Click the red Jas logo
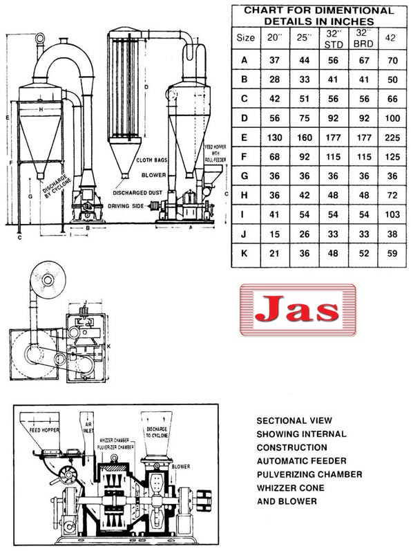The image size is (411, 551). (298, 310)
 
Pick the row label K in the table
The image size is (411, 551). (244, 254)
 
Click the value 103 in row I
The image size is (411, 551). (393, 214)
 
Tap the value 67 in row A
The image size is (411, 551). (361, 60)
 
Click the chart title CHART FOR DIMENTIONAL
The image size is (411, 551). (319, 10)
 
